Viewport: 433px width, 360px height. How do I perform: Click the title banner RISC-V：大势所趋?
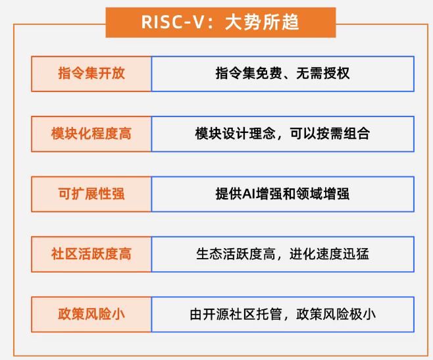tap(220, 22)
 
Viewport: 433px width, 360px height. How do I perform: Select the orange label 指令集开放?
tap(91, 73)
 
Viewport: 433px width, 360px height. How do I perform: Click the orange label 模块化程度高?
tap(91, 134)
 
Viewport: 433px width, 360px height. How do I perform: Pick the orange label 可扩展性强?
tap(91, 193)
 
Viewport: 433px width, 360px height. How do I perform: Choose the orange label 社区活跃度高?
tap(91, 254)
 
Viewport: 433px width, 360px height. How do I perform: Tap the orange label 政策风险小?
tap(91, 314)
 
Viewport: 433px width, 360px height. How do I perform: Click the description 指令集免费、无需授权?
tap(282, 73)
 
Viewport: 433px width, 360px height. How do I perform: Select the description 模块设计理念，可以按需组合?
tap(282, 134)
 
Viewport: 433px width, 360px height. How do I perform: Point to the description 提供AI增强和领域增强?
tap(282, 193)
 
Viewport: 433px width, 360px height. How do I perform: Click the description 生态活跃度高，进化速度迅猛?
tap(282, 254)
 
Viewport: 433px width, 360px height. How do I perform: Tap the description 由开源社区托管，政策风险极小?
tap(282, 314)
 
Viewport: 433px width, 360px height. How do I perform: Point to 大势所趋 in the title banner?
tap(262, 22)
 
